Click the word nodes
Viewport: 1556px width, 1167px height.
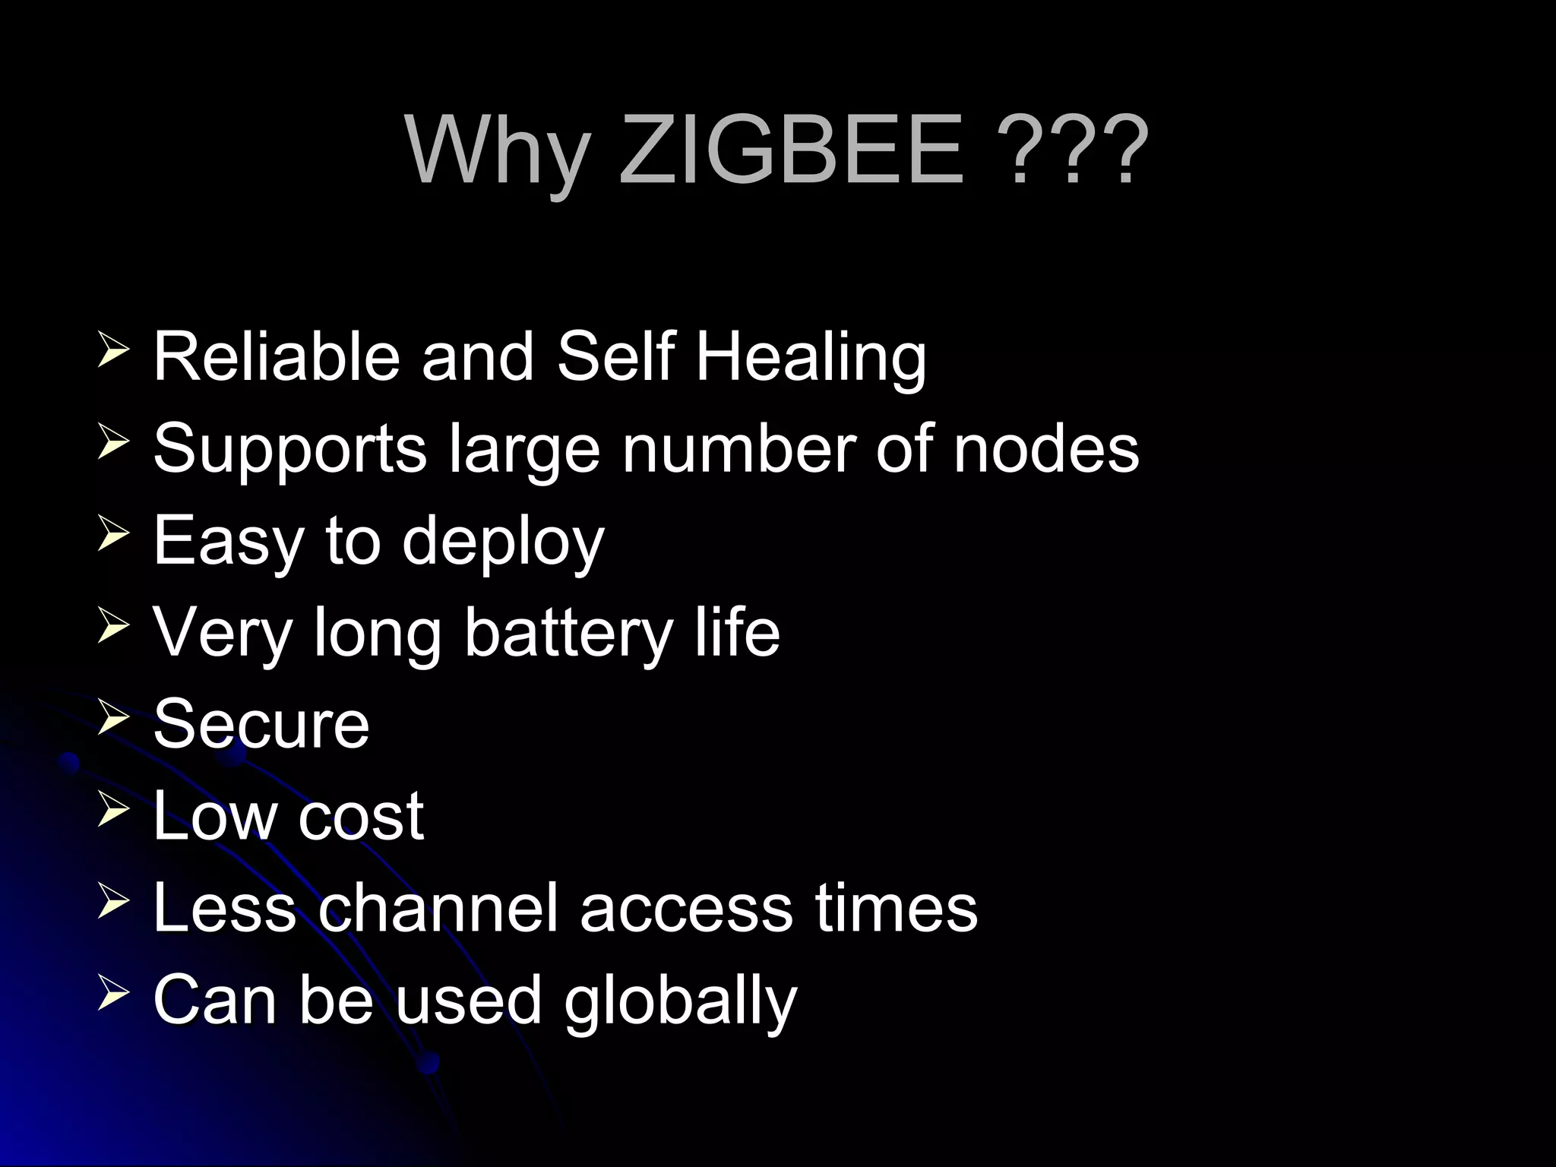[x=1046, y=448]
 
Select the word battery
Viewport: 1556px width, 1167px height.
[x=568, y=633]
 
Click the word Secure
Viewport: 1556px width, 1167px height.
[x=261, y=723]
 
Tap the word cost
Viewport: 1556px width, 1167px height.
[x=361, y=816]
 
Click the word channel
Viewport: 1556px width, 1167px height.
[x=438, y=907]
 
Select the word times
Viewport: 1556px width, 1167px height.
[x=897, y=907]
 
